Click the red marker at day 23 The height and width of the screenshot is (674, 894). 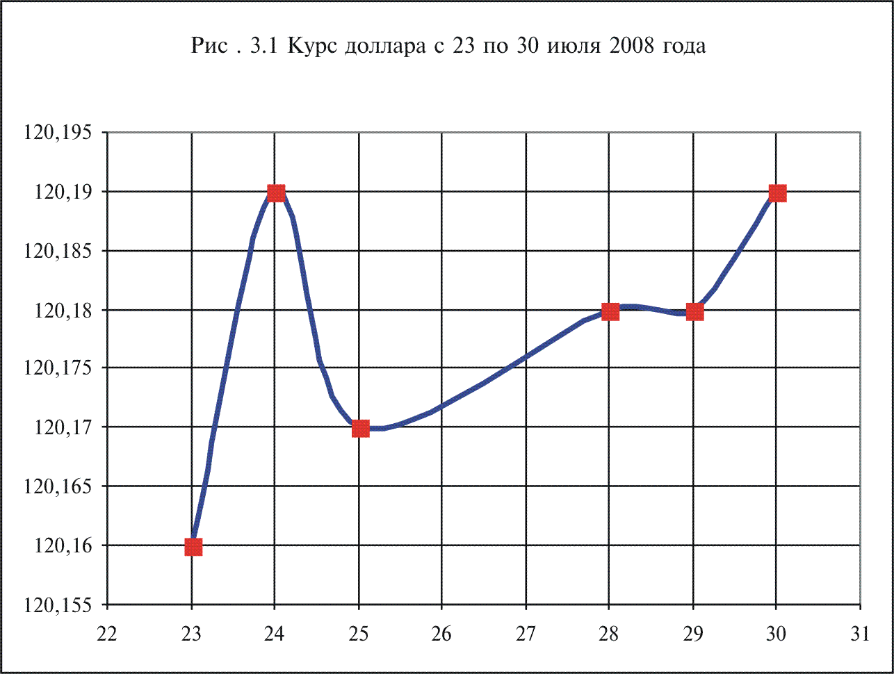tap(193, 547)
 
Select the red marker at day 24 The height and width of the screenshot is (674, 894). tap(276, 193)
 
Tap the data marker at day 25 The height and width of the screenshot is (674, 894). tap(360, 428)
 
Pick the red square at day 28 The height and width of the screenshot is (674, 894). tap(610, 311)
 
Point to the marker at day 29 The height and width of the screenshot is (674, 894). tap(694, 311)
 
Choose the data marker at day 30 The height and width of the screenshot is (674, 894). tap(777, 193)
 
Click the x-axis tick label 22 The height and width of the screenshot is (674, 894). tap(108, 634)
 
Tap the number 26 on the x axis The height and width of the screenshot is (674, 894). tap(442, 634)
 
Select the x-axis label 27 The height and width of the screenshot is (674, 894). tap(526, 634)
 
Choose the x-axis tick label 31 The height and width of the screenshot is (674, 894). tap(860, 634)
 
